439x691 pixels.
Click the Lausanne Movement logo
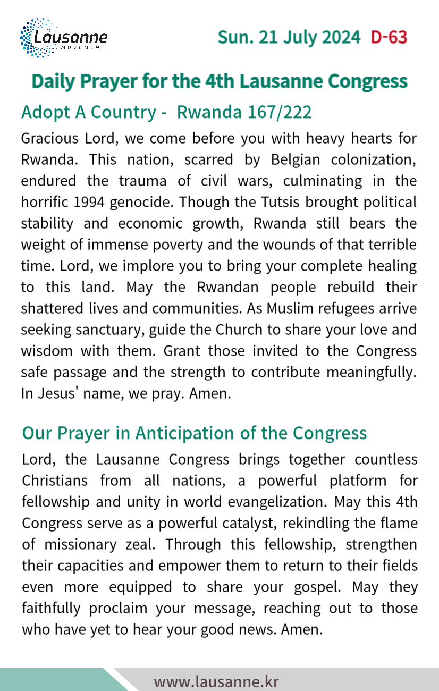(x=63, y=38)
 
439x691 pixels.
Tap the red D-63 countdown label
(x=389, y=38)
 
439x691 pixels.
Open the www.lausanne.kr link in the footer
(x=216, y=681)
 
